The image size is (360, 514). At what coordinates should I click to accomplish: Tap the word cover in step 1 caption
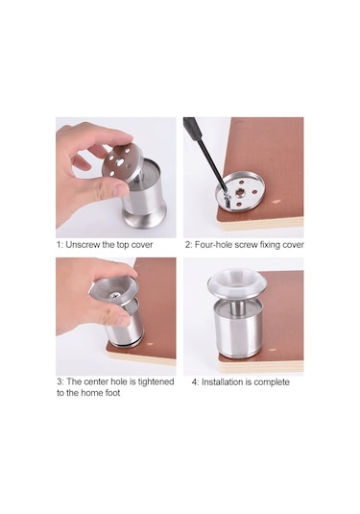coord(142,245)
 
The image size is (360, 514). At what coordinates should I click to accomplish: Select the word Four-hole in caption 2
coord(214,245)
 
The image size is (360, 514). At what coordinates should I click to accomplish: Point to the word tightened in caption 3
coord(156,381)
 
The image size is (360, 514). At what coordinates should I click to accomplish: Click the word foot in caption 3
coord(112,393)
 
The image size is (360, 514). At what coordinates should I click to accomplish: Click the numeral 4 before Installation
coord(194,382)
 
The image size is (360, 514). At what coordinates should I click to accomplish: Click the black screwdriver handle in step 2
coord(190,126)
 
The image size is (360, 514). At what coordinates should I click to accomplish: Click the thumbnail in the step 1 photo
coord(119,188)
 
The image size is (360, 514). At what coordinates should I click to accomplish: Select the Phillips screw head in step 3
coord(115,295)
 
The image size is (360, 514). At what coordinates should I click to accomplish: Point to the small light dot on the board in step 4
coord(272,350)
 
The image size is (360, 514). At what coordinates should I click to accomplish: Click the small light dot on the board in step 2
coord(277,202)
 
